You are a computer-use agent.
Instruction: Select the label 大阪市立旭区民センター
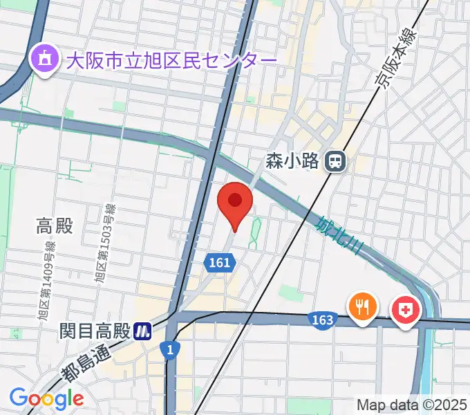[x=171, y=61]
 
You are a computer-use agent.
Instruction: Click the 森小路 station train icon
[x=337, y=162]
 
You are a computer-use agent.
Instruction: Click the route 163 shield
[x=323, y=320]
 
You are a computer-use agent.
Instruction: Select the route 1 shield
[x=169, y=350]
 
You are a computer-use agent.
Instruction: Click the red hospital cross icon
[x=406, y=308]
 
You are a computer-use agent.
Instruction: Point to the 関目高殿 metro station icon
[x=143, y=331]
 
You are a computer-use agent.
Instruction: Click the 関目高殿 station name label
[x=95, y=331]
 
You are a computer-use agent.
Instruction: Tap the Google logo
[x=46, y=398]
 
